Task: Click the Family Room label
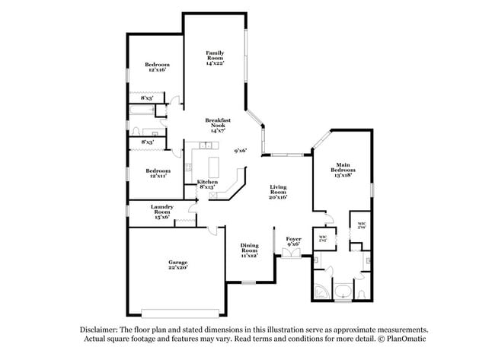(x=214, y=56)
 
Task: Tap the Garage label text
(x=177, y=264)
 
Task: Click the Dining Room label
(x=250, y=250)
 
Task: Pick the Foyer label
(x=293, y=239)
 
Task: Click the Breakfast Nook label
(x=219, y=125)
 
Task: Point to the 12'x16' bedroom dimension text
(x=157, y=70)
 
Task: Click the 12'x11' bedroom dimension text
(x=157, y=176)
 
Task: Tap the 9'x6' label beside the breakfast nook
(x=241, y=151)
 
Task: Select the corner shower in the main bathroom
(x=321, y=292)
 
